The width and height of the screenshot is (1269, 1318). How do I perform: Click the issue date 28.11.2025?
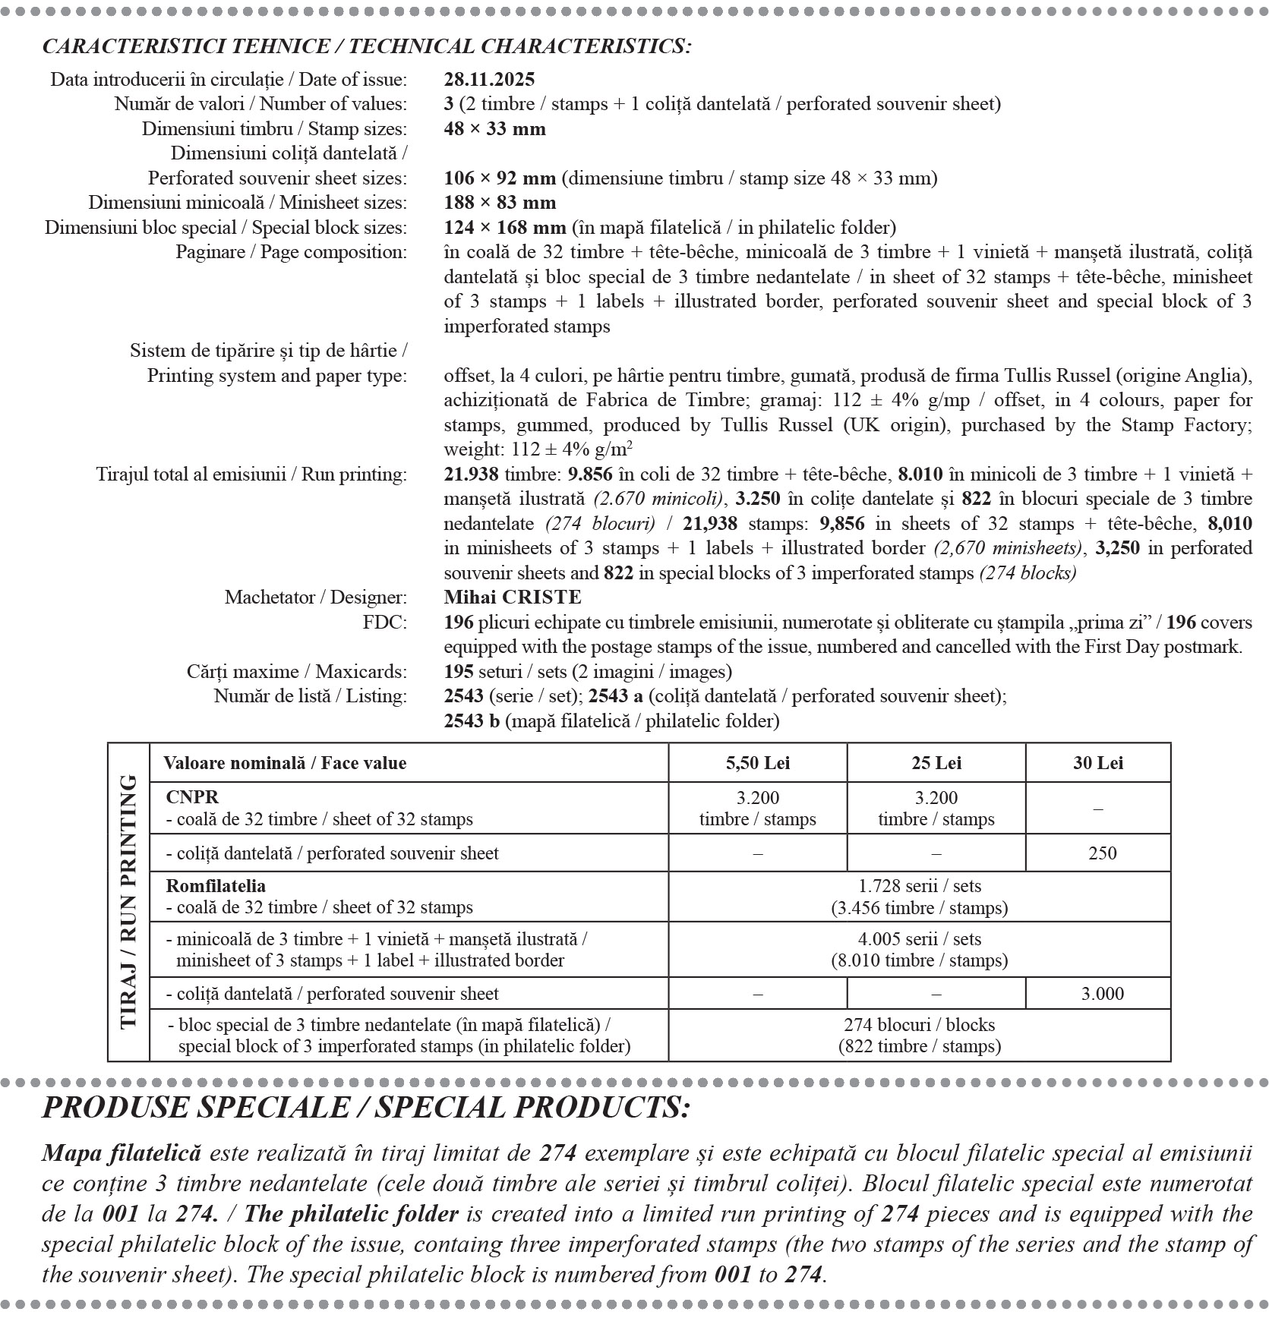(489, 80)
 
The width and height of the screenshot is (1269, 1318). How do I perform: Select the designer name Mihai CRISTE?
(513, 598)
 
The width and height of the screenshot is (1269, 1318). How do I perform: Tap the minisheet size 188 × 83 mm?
(500, 203)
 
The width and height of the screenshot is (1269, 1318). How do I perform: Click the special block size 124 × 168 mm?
(505, 228)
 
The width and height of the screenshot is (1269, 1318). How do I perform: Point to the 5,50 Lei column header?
(757, 763)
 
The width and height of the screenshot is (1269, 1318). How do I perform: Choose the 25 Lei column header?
(936, 763)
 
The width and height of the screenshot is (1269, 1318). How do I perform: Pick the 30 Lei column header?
(1097, 763)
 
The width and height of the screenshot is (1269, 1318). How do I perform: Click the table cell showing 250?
(1101, 853)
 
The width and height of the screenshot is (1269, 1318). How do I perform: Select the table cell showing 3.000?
(1102, 994)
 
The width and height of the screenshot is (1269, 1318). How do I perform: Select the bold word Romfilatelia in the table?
(216, 886)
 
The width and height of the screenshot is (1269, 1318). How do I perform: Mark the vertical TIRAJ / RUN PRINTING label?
(128, 901)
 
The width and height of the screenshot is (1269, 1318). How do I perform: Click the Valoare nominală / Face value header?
(285, 763)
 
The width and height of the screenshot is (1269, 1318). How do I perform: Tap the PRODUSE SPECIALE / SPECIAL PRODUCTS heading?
(365, 1108)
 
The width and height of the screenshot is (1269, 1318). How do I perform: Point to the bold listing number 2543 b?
(472, 721)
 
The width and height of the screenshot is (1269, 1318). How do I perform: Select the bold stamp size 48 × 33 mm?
(494, 129)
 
